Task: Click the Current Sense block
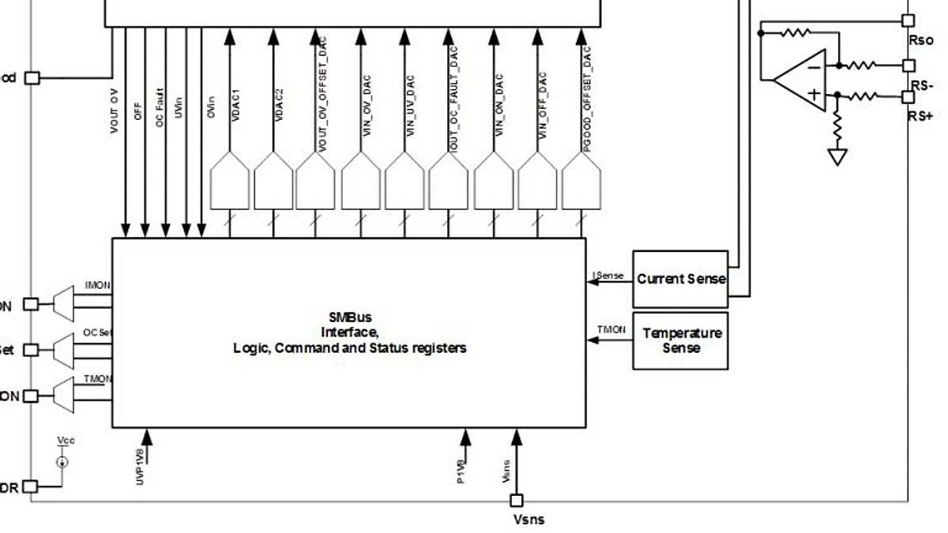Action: tap(681, 279)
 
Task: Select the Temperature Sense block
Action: tap(681, 340)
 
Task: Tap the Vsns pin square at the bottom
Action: tap(516, 500)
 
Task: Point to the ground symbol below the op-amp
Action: tap(837, 156)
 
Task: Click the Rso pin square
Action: tap(908, 21)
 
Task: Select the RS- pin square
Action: tap(908, 66)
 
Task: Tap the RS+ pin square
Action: tap(908, 97)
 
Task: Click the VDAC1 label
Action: tap(235, 105)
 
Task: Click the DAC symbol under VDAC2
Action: tap(273, 181)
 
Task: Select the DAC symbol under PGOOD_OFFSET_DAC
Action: tap(581, 181)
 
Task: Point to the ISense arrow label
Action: tap(609, 276)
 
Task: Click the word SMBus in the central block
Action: tap(350, 317)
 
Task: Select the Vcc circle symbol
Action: tap(62, 461)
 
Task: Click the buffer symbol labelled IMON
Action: tap(63, 302)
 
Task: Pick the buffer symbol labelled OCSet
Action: tap(63, 349)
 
